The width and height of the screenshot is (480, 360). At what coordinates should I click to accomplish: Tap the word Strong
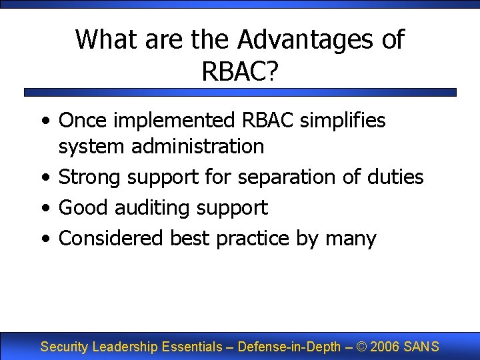[x=90, y=177]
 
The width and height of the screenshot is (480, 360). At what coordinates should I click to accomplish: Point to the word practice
[x=253, y=238]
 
